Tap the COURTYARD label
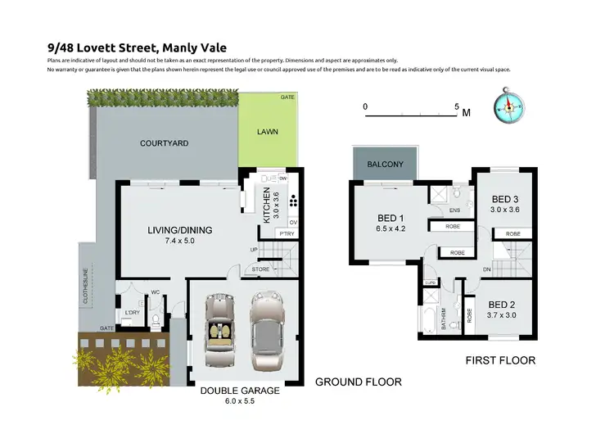pyautogui.click(x=165, y=143)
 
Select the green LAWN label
pyautogui.click(x=267, y=131)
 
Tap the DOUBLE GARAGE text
pyautogui.click(x=240, y=391)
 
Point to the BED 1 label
pyautogui.click(x=390, y=218)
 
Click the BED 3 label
pyautogui.click(x=505, y=199)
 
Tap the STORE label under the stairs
pyautogui.click(x=261, y=268)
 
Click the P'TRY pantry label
pyautogui.click(x=287, y=234)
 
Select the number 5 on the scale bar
pyautogui.click(x=457, y=106)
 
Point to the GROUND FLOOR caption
pyautogui.click(x=359, y=382)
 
